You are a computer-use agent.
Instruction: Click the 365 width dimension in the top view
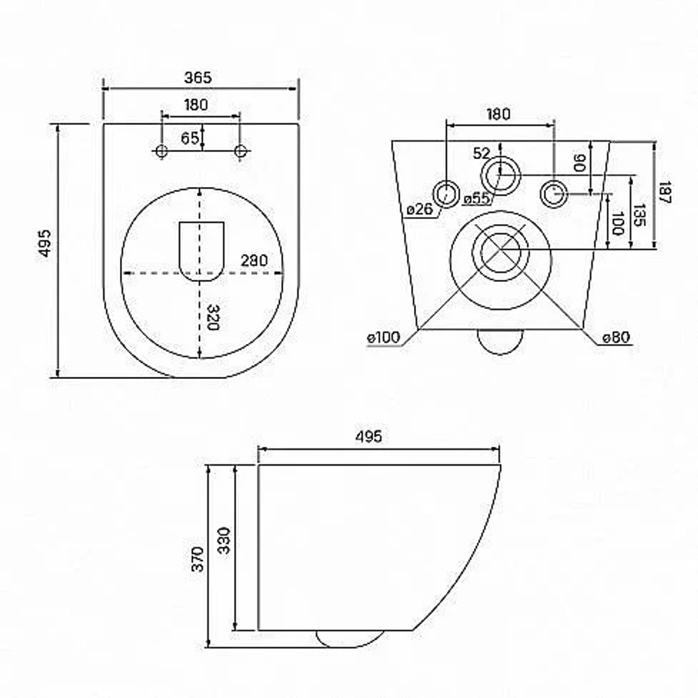[x=198, y=78]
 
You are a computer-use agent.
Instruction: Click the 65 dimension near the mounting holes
[x=190, y=138]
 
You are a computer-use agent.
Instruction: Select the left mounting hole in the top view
[x=162, y=151]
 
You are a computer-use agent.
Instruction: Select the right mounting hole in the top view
[x=240, y=151]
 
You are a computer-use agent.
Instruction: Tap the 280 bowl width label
[x=254, y=260]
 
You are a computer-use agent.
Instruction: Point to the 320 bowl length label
[x=213, y=318]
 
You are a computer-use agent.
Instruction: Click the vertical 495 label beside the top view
[x=45, y=243]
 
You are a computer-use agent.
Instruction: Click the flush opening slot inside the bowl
[x=201, y=251]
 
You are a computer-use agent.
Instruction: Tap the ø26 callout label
[x=419, y=209]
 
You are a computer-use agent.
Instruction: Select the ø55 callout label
[x=476, y=198]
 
